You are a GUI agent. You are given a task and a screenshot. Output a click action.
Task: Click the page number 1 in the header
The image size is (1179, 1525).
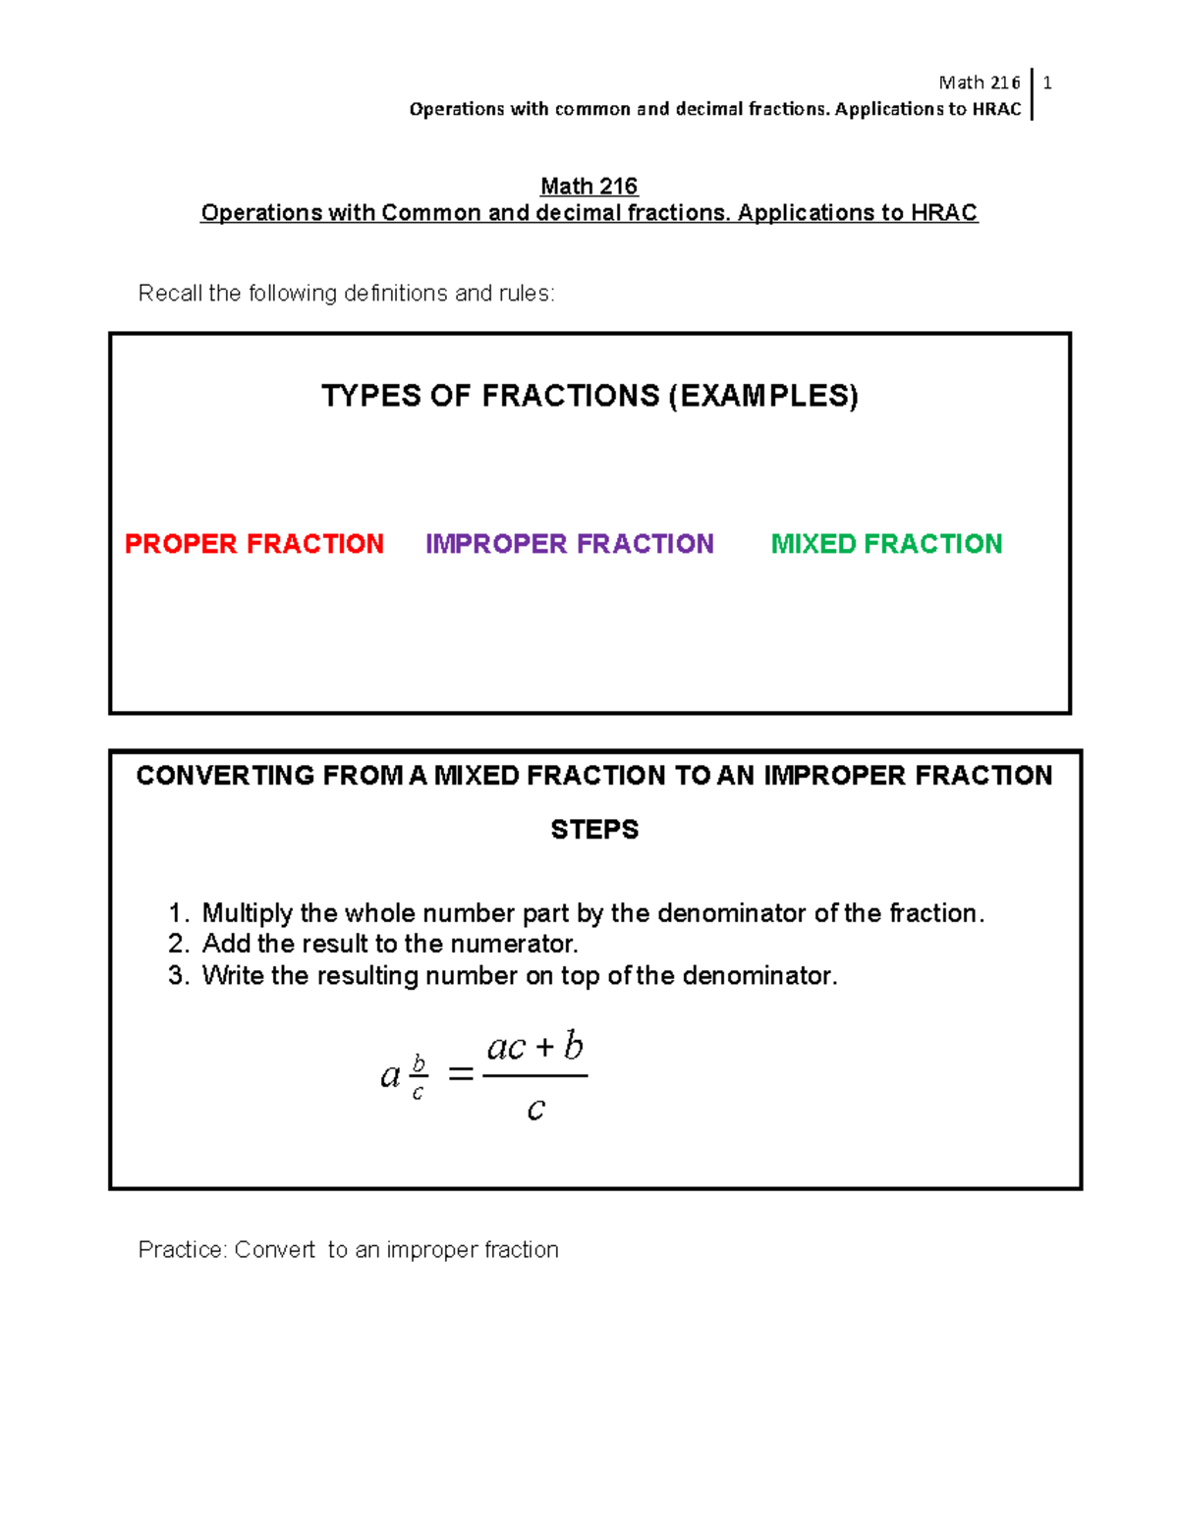pyautogui.click(x=1047, y=83)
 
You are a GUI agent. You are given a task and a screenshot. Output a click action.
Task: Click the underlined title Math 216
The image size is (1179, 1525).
pyautogui.click(x=589, y=187)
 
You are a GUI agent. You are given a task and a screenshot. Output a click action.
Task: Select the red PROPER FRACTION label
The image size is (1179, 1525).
pyautogui.click(x=253, y=544)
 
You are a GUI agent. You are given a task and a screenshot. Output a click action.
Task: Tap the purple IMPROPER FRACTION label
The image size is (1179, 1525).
pyautogui.click(x=569, y=544)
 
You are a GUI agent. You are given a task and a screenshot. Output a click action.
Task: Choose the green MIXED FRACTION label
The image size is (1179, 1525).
pyautogui.click(x=886, y=544)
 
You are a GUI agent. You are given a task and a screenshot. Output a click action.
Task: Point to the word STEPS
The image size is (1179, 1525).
pyautogui.click(x=594, y=830)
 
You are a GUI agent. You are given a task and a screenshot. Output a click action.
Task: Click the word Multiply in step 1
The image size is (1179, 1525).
pyautogui.click(x=248, y=914)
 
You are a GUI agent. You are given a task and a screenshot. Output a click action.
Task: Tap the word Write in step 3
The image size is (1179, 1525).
pyautogui.click(x=233, y=976)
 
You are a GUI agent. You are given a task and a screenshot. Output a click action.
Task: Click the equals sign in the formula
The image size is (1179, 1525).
pyautogui.click(x=460, y=1075)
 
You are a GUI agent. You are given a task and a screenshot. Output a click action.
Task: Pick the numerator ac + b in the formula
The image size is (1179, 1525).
pyautogui.click(x=535, y=1047)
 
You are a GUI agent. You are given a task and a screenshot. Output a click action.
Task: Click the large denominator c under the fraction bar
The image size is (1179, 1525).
pyautogui.click(x=535, y=1110)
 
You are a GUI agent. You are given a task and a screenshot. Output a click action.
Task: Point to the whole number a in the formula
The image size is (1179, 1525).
pyautogui.click(x=390, y=1077)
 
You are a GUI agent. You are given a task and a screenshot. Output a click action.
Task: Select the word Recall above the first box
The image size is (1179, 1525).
pyautogui.click(x=170, y=294)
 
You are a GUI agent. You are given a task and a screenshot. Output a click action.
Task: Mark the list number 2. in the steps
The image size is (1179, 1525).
pyautogui.click(x=178, y=945)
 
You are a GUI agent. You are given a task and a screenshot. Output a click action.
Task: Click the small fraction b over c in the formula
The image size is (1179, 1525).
pyautogui.click(x=419, y=1077)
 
